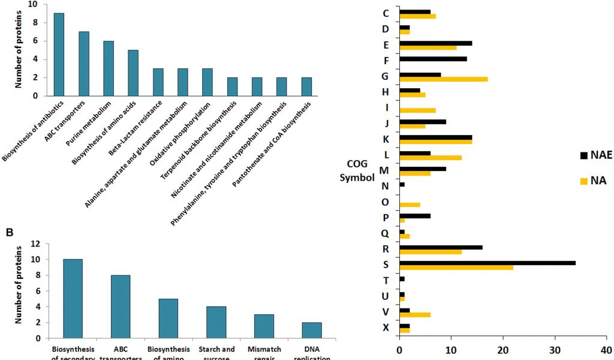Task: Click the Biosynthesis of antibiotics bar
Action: pyautogui.click(x=59, y=55)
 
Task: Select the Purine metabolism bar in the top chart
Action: pyautogui.click(x=109, y=68)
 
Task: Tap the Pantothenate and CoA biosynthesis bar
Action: pyautogui.click(x=306, y=86)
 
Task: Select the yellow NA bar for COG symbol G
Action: pyautogui.click(x=443, y=79)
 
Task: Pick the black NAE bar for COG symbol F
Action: pyautogui.click(x=433, y=58)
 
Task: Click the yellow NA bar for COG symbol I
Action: pyautogui.click(x=417, y=110)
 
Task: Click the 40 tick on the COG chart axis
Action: pyautogui.click(x=605, y=350)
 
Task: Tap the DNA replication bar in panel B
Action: pyautogui.click(x=312, y=330)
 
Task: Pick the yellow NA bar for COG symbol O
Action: pyautogui.click(x=410, y=205)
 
